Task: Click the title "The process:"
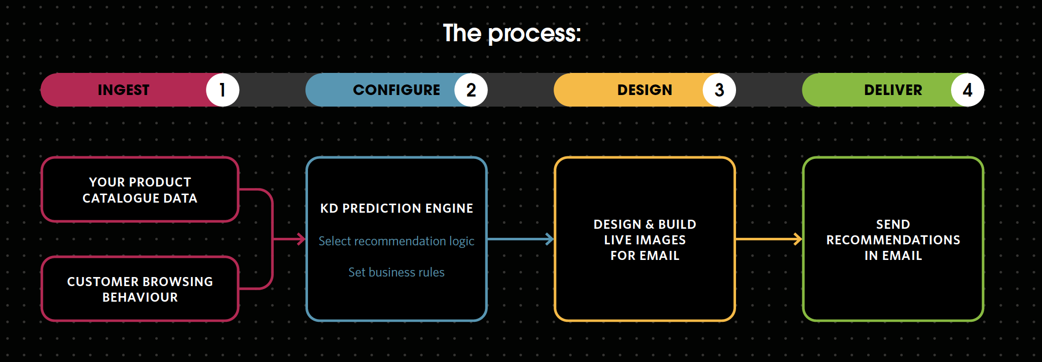pyautogui.click(x=512, y=34)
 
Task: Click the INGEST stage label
pyautogui.click(x=124, y=90)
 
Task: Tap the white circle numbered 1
pyautogui.click(x=223, y=90)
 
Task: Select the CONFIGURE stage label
pyautogui.click(x=396, y=90)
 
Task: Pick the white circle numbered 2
pyautogui.click(x=471, y=90)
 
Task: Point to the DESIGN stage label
pyautogui.click(x=645, y=90)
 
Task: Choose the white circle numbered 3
pyautogui.click(x=719, y=90)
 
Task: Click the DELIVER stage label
pyautogui.click(x=893, y=90)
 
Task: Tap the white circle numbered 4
pyautogui.click(x=968, y=90)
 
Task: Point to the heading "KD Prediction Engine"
pyautogui.click(x=396, y=208)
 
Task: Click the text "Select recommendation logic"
pyautogui.click(x=396, y=241)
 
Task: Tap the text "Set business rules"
pyautogui.click(x=396, y=272)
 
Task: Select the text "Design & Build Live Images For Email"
pyautogui.click(x=645, y=240)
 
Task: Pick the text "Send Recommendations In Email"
pyautogui.click(x=893, y=240)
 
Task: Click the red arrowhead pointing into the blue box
pyautogui.click(x=301, y=239)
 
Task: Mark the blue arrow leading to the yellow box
pyautogui.click(x=520, y=239)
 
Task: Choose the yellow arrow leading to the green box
pyautogui.click(x=769, y=239)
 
